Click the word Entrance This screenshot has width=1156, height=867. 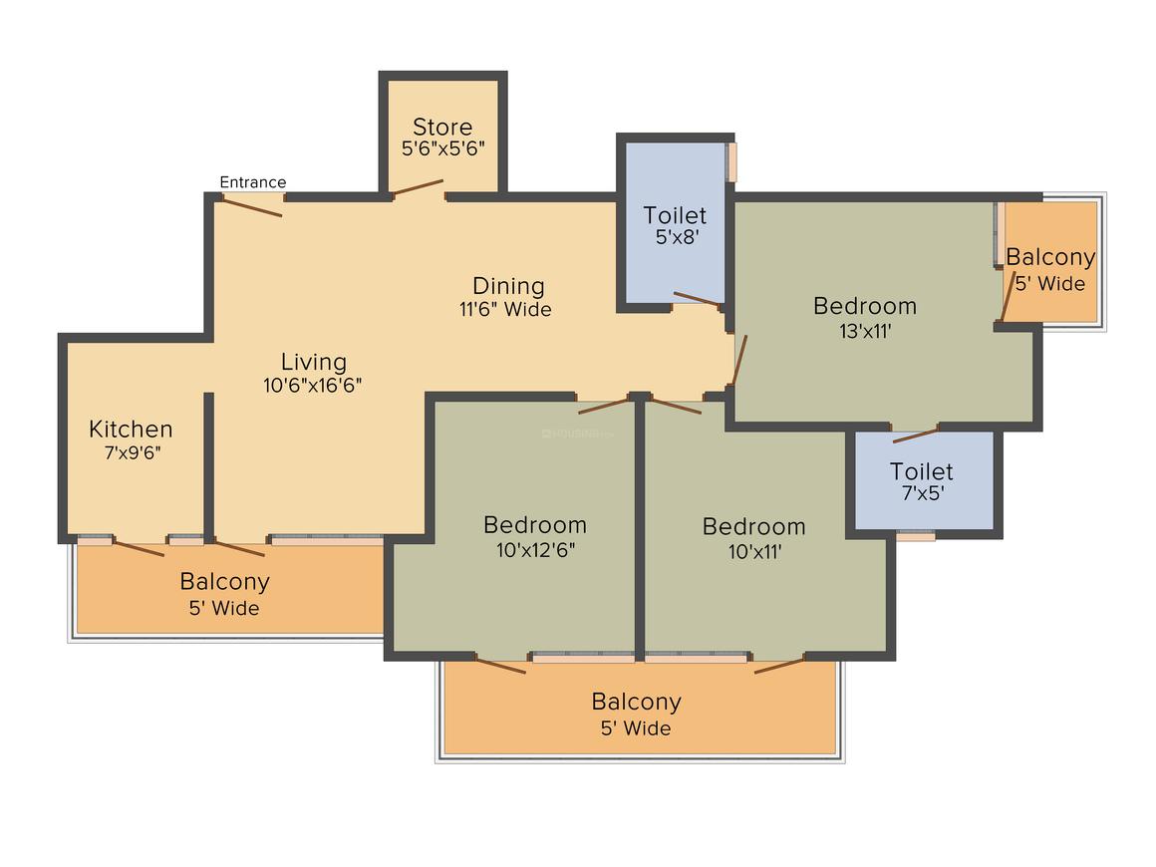(x=252, y=182)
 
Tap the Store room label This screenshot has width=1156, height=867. (x=442, y=128)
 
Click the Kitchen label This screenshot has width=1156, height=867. (x=131, y=430)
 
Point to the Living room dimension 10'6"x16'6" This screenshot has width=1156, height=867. (x=312, y=386)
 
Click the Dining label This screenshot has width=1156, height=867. (x=508, y=286)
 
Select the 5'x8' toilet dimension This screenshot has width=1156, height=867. (x=675, y=239)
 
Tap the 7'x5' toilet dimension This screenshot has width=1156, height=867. (x=921, y=494)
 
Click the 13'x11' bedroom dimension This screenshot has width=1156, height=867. (x=864, y=331)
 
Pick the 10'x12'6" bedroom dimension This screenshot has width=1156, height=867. (x=534, y=549)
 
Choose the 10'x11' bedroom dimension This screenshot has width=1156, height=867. (x=753, y=550)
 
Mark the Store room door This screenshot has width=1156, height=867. (x=418, y=188)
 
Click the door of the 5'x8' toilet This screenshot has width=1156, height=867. (x=697, y=299)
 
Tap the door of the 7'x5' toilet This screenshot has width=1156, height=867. (x=915, y=434)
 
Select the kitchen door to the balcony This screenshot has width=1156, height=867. (x=139, y=548)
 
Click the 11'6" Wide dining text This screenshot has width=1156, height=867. (x=505, y=309)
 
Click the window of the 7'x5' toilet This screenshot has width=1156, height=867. (x=915, y=536)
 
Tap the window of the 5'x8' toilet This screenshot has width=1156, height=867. (x=731, y=162)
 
